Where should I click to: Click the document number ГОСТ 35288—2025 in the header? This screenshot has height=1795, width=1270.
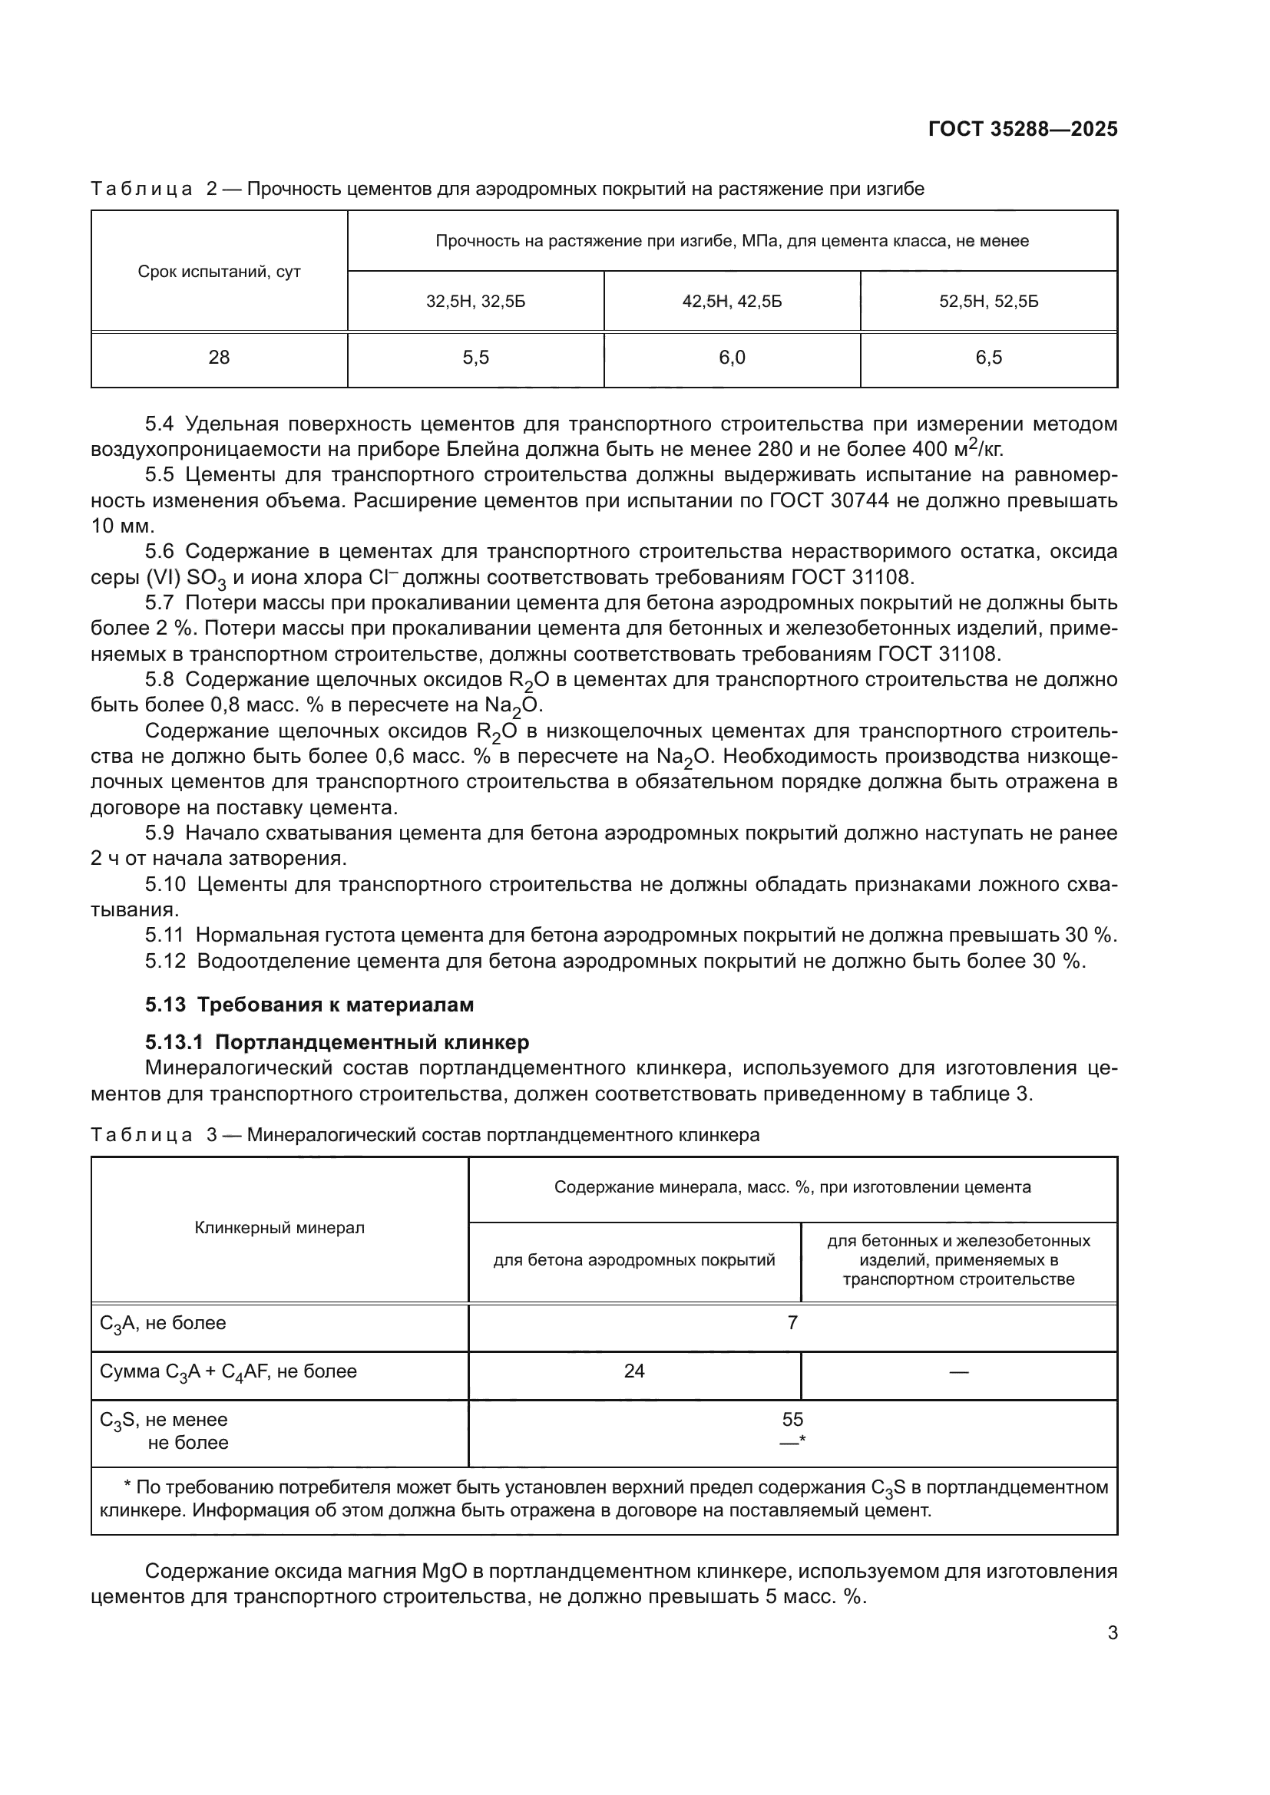[x=1022, y=130]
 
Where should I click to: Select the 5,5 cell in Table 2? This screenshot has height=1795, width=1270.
[x=475, y=358]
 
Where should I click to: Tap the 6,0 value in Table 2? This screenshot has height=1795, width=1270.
[x=732, y=358]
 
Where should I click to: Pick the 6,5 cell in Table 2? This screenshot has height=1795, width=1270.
[x=988, y=358]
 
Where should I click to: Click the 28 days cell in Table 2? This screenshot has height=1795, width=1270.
[x=219, y=358]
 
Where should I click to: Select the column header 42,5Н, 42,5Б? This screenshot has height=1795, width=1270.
[x=732, y=302]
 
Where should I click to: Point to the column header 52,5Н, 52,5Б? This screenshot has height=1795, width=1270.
[x=988, y=302]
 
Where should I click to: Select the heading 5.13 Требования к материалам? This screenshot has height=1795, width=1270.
[x=309, y=1005]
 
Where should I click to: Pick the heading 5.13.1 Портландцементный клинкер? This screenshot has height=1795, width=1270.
[x=336, y=1042]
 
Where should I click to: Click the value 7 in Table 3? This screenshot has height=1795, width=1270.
[x=792, y=1323]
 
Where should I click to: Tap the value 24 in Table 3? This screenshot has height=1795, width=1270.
[x=634, y=1371]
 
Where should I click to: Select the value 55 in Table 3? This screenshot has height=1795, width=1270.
[x=792, y=1419]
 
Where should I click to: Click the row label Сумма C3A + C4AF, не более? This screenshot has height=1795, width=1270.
[x=228, y=1372]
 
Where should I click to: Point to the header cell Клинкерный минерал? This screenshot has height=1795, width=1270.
[x=279, y=1228]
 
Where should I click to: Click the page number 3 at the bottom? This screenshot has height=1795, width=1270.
[x=1112, y=1632]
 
